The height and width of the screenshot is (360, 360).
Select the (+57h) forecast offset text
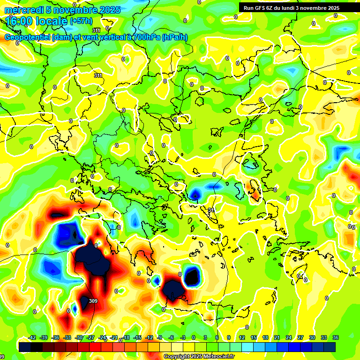click(81, 21)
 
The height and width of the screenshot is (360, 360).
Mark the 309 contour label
click(93, 301)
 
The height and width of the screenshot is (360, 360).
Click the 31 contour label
click(211, 210)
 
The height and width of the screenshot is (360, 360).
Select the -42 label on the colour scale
click(32, 337)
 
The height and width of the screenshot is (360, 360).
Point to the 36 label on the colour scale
click(336, 337)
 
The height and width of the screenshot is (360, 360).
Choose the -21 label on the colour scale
click(114, 337)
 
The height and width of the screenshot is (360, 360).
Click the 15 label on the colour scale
click(254, 337)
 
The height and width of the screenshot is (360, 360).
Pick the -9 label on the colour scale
click(160, 337)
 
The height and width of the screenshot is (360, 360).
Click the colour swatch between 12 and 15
click(247, 347)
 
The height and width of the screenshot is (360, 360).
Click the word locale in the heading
click(52, 22)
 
